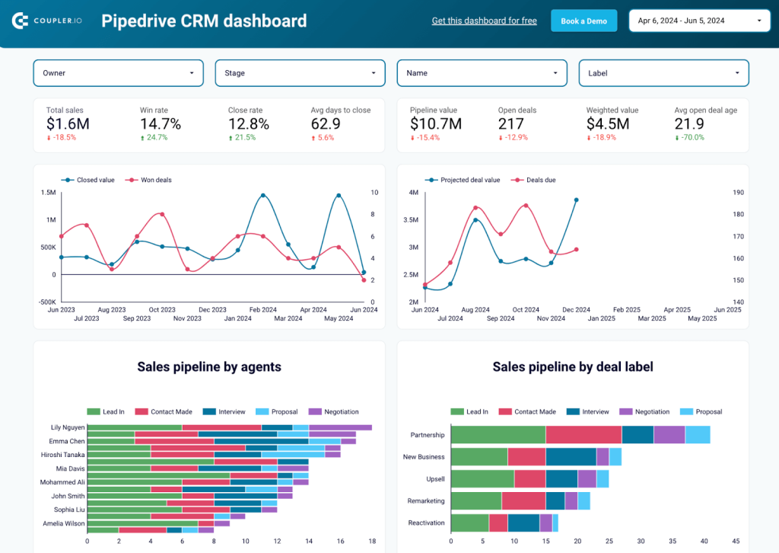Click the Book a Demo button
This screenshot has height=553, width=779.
tap(583, 21)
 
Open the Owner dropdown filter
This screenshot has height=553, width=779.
tap(118, 73)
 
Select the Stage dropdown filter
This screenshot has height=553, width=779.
tap(300, 73)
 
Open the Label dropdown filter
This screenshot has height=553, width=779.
tap(663, 73)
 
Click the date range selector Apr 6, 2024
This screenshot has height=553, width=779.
tap(696, 21)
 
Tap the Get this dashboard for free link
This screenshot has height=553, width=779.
tap(484, 21)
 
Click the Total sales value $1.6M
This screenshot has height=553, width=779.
tap(68, 124)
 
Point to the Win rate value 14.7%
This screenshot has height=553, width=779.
tap(160, 124)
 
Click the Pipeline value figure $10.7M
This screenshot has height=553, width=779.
tap(436, 124)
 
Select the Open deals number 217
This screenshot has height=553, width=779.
tap(511, 124)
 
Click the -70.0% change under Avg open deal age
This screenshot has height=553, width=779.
tap(689, 138)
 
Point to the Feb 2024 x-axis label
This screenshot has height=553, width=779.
tap(262, 310)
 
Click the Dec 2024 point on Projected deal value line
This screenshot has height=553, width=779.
tap(576, 200)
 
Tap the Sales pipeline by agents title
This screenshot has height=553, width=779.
tap(209, 367)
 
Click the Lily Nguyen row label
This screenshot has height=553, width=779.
tap(68, 427)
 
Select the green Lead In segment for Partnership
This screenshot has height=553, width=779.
tap(498, 434)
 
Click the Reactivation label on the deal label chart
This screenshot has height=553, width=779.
tap(426, 523)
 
